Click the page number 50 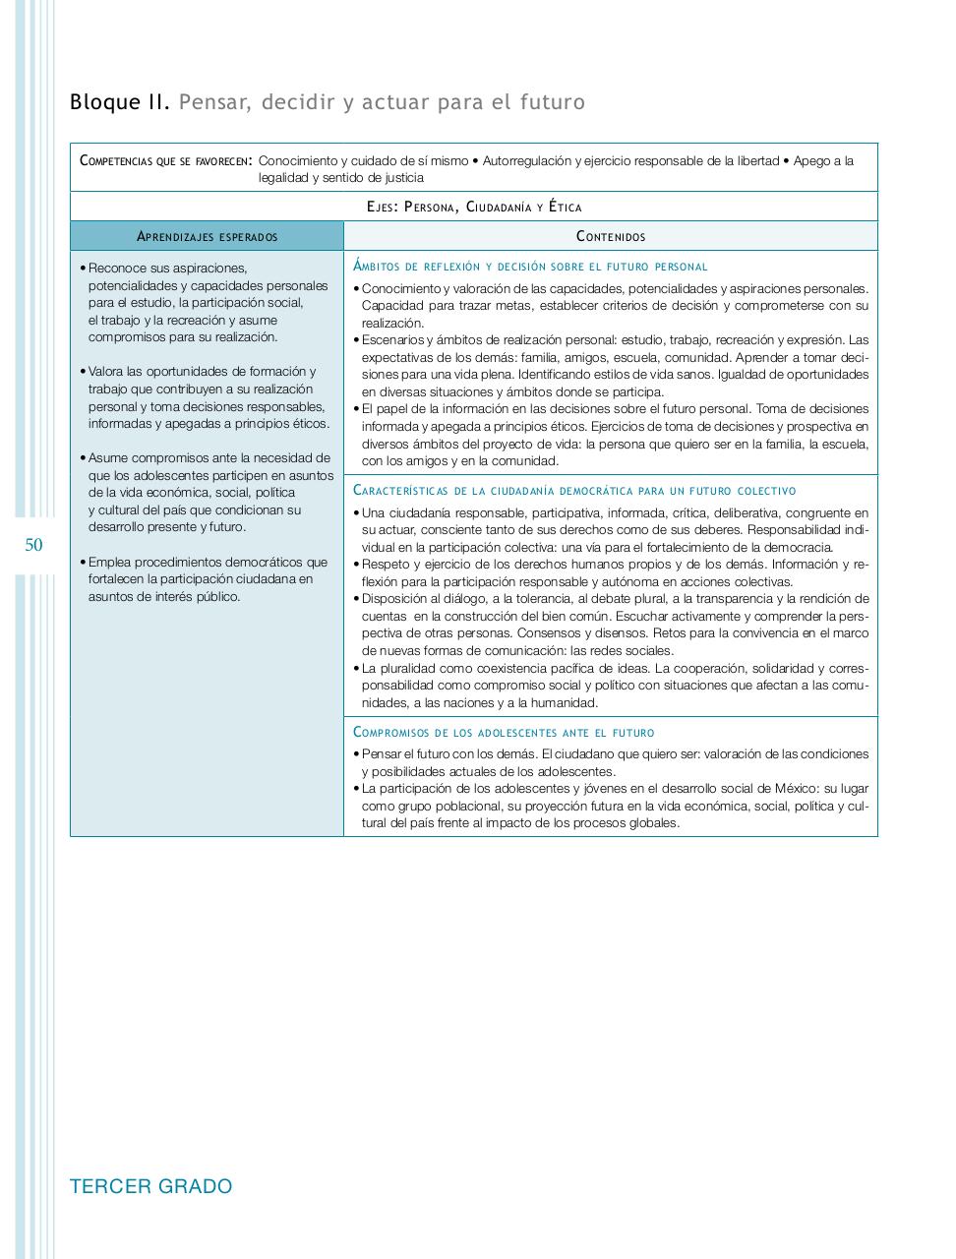coord(33,545)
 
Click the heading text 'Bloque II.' coord(120,102)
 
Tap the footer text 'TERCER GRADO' coord(151,1186)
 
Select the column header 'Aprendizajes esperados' coord(207,236)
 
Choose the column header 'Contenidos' coord(610,236)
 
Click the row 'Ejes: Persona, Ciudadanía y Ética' coord(473,207)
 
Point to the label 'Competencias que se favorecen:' coord(165,160)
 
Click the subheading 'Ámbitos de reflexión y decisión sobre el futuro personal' coord(530,267)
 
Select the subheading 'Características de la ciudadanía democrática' coord(573,490)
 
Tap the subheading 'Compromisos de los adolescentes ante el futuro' coord(504,732)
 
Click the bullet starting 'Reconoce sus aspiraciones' coord(207,302)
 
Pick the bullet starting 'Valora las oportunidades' coord(207,397)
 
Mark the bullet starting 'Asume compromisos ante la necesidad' coord(207,492)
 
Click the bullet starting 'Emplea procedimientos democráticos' coord(207,578)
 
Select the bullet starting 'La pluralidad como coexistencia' coord(610,685)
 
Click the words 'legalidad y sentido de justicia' coord(341,178)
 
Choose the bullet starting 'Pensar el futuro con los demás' coord(610,762)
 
